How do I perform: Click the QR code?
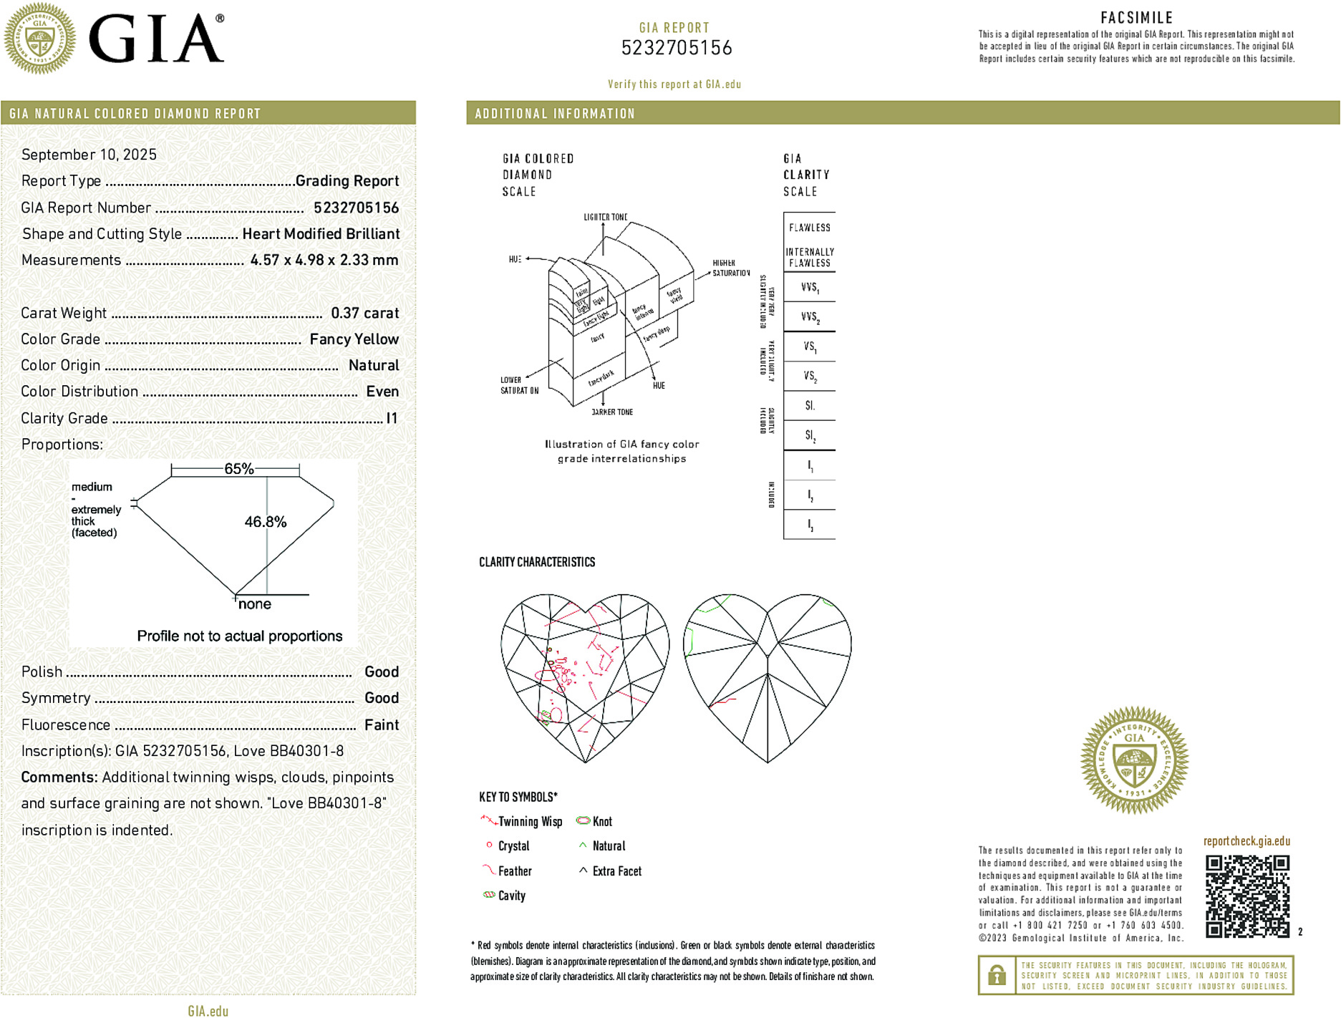tap(1246, 896)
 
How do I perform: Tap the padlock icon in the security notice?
tap(997, 975)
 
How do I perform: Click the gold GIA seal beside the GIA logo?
tap(39, 38)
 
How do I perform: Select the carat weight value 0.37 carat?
tap(364, 313)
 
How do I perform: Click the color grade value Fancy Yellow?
tap(354, 339)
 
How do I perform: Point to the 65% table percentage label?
tap(238, 469)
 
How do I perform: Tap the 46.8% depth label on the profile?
tap(265, 522)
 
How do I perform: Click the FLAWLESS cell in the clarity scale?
tap(809, 228)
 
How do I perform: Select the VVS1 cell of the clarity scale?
tap(809, 288)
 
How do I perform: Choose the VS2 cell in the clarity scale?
tap(809, 377)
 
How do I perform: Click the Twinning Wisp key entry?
tap(529, 822)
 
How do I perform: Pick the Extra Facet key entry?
tap(616, 871)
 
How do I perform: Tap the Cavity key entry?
tap(510, 896)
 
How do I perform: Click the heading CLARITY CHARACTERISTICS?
tap(537, 562)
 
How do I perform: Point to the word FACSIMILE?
tap(1136, 18)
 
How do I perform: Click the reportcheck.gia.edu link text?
tap(1246, 841)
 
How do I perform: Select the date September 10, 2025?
tap(89, 155)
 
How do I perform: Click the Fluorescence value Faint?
tap(381, 724)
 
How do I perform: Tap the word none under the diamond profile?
tap(254, 604)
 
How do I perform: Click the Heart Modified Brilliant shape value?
tap(321, 234)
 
